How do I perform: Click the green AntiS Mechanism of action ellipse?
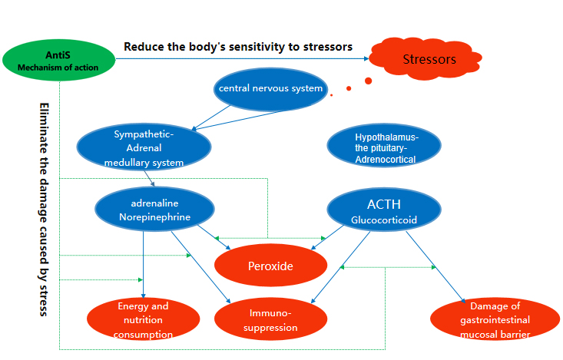pos(59,60)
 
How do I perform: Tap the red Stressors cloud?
pos(429,59)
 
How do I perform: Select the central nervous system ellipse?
pos(270,89)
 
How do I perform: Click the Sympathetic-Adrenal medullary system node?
pos(144,147)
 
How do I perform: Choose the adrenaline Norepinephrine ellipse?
pos(154,210)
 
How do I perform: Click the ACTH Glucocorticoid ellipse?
pos(385,210)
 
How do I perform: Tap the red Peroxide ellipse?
pos(270,266)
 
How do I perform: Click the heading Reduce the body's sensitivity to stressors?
pos(238,47)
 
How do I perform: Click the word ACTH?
pos(384,204)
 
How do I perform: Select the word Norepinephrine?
pos(154,217)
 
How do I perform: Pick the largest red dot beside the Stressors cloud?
pos(368,81)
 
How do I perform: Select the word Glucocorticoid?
pos(384,220)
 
